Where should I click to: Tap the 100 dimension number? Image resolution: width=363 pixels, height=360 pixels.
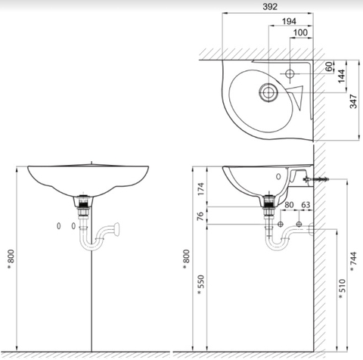[300, 33]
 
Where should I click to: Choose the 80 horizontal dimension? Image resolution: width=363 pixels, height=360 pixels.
[289, 204]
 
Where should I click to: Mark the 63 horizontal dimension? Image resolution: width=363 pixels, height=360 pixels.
[306, 204]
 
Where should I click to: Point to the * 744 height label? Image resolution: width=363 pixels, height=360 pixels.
[354, 259]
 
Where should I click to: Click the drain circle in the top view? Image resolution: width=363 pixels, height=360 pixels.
[268, 93]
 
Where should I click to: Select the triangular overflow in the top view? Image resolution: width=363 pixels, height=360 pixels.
[295, 95]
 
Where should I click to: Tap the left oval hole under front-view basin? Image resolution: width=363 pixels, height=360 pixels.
[60, 225]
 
